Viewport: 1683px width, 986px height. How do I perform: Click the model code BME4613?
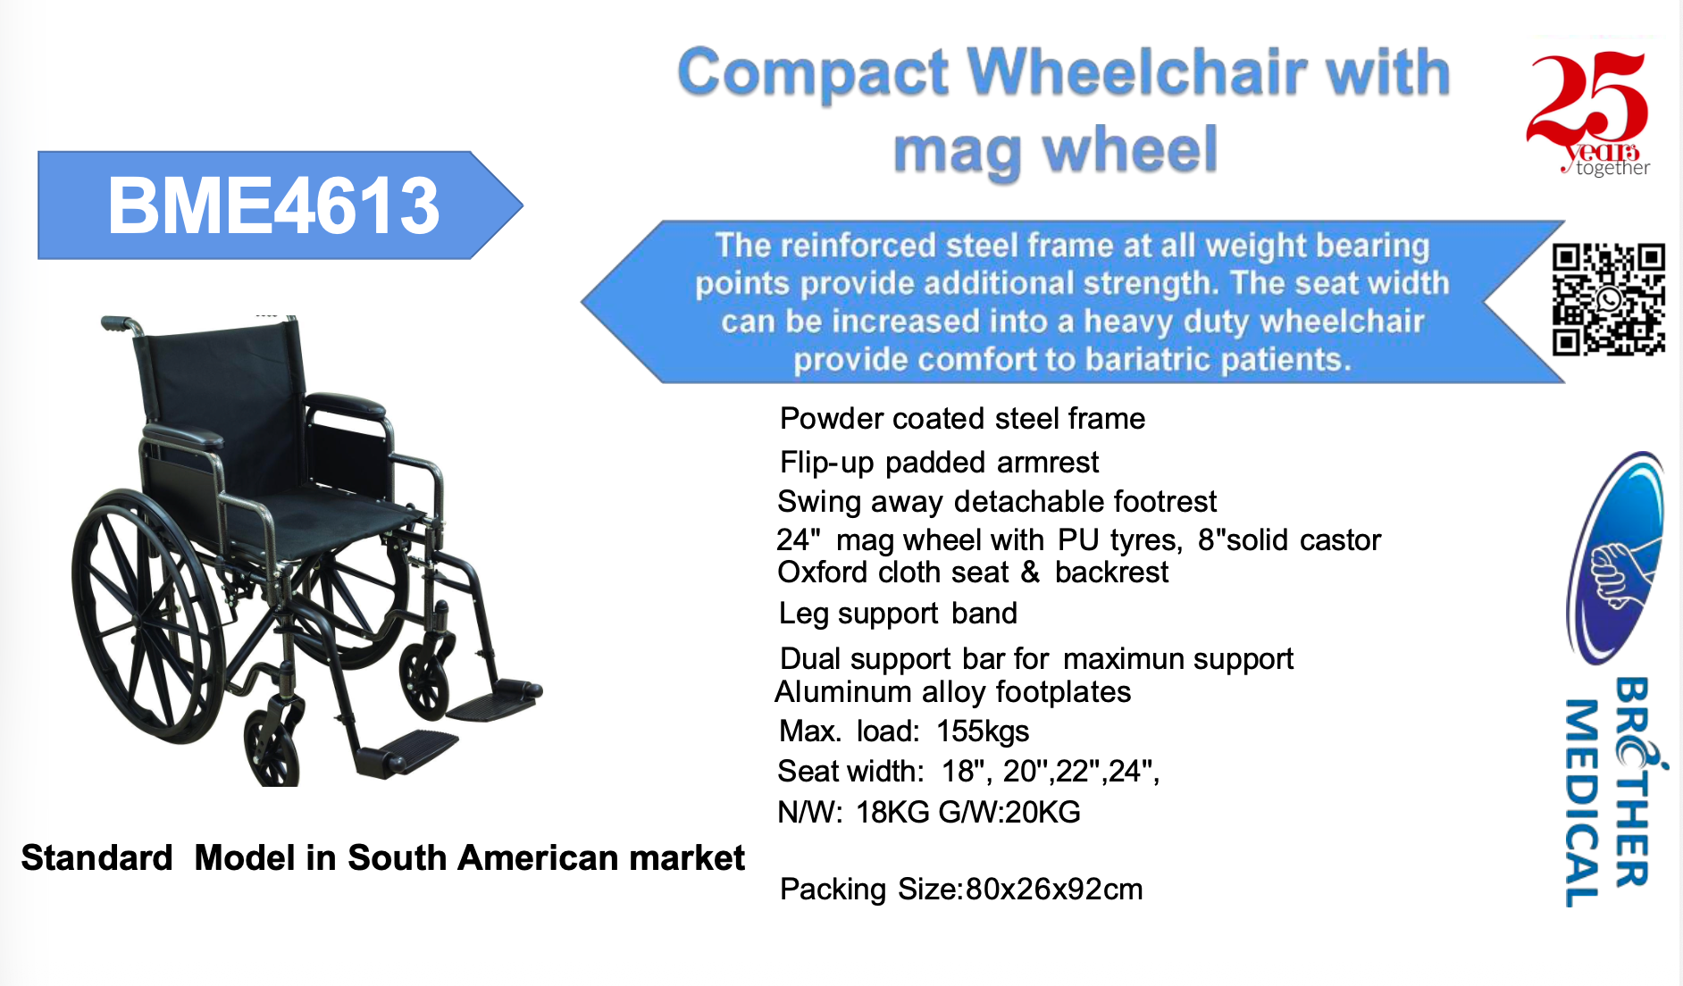[273, 206]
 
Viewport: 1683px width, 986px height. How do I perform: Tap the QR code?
[1608, 299]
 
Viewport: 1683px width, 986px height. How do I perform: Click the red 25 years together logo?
[1588, 112]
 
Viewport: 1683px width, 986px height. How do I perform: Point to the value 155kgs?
[982, 731]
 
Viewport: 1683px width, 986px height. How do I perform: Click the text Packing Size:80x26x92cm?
[960, 890]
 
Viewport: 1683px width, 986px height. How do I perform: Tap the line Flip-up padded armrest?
[938, 463]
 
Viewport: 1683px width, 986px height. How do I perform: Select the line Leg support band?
[897, 614]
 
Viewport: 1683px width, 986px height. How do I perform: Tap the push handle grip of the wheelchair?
[116, 323]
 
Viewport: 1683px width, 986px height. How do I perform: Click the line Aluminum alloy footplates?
[952, 692]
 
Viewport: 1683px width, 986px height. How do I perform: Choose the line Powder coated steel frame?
[961, 419]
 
